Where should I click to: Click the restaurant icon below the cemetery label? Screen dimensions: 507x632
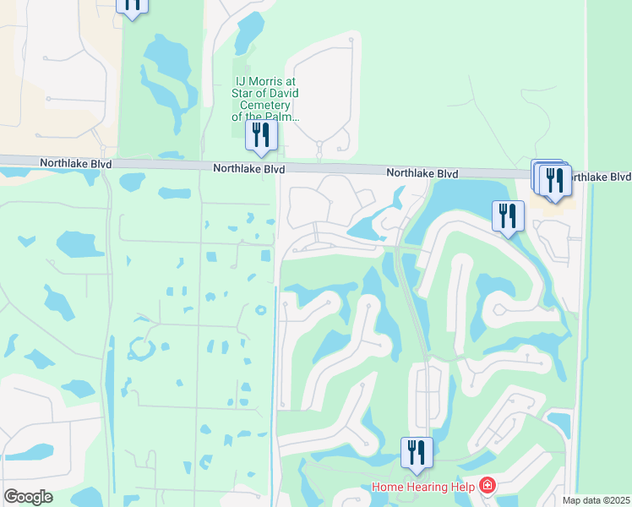[260, 135]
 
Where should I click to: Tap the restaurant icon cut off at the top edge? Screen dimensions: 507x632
[132, 4]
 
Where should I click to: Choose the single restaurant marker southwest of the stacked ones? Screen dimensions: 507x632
[508, 215]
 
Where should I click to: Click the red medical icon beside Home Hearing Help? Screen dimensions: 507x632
[488, 485]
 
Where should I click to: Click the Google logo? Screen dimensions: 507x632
[28, 497]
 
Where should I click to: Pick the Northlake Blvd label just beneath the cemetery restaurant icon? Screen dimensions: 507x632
[248, 169]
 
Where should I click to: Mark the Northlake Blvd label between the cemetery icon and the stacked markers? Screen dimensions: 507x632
[422, 173]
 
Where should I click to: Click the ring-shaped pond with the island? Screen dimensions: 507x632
[139, 348]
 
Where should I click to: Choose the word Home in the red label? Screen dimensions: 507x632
[388, 486]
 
